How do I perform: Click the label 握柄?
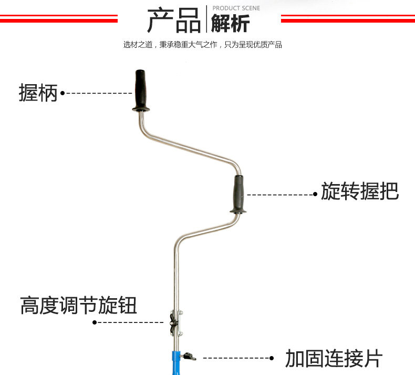point(38,93)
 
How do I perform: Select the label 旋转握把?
point(360,191)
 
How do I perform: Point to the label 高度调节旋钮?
point(79,305)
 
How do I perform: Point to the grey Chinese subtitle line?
point(203,45)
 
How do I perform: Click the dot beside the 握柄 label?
point(62,93)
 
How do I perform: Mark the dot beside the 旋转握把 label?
point(315,194)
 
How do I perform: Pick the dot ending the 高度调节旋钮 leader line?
point(95,322)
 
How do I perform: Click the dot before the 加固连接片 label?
point(272,358)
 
